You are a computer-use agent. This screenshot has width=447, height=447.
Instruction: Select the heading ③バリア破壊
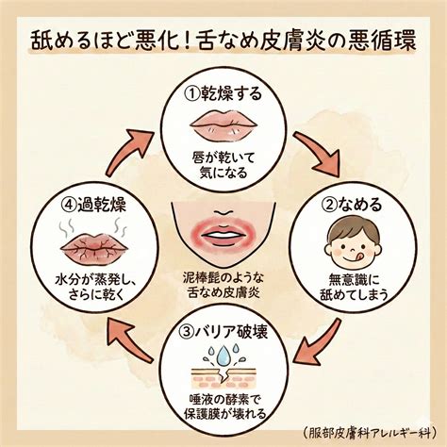click(x=223, y=331)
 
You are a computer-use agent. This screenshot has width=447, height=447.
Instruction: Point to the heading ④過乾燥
click(x=93, y=205)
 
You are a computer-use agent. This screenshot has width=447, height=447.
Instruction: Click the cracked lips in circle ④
click(x=94, y=246)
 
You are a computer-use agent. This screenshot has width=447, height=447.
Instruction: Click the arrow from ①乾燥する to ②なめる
click(x=319, y=155)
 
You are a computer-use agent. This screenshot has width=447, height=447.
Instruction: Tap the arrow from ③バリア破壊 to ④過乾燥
click(x=129, y=340)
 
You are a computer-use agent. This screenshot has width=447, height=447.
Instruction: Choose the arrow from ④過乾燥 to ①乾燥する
click(x=129, y=152)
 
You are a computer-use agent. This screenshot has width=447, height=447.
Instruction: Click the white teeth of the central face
click(x=223, y=235)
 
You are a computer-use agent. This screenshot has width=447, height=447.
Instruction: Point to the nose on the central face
click(x=223, y=211)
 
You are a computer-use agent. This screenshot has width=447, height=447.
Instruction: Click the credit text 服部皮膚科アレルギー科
click(x=371, y=433)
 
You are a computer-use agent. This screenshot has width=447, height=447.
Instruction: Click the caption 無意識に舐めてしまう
click(x=355, y=287)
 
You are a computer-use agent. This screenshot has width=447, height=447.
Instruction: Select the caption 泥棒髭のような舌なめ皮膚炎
click(x=223, y=286)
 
